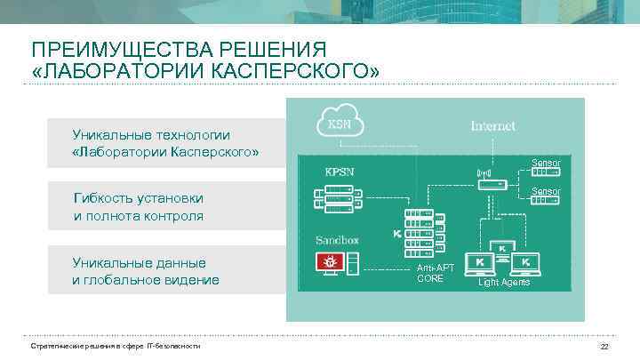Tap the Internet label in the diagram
[x=492, y=126]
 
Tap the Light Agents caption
[x=503, y=283]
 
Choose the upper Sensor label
[x=545, y=163]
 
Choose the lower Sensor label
[x=545, y=191]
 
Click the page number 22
[x=604, y=346]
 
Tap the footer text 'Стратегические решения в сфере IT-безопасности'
[x=116, y=346]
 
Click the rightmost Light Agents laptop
[x=525, y=262]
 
